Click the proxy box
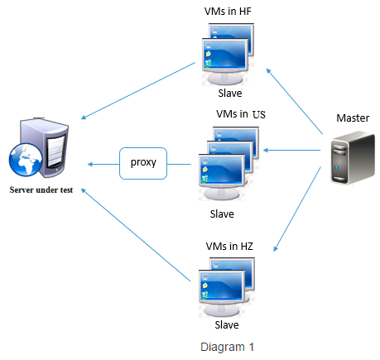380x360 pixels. click(x=143, y=163)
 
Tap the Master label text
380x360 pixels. click(x=353, y=118)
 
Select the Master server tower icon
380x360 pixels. click(x=353, y=158)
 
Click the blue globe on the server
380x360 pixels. click(x=26, y=159)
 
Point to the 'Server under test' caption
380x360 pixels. click(x=41, y=190)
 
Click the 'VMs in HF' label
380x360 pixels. click(x=228, y=12)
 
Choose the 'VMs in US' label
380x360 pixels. click(x=241, y=114)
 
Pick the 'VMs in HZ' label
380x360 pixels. click(x=229, y=246)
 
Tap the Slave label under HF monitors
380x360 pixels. click(x=230, y=93)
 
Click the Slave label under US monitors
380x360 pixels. click(x=222, y=214)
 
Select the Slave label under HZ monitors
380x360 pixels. click(x=227, y=324)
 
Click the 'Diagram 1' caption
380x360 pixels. click(x=227, y=347)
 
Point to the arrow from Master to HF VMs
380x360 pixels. click(x=294, y=101)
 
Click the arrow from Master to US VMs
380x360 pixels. click(x=291, y=151)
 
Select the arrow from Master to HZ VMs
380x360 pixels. click(x=297, y=209)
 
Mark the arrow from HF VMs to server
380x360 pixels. click(x=138, y=91)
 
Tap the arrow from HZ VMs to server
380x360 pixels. click(x=136, y=235)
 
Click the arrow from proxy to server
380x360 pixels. click(x=103, y=165)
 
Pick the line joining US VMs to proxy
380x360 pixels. click(x=179, y=165)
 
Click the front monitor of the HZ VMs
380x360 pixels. click(x=222, y=293)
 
